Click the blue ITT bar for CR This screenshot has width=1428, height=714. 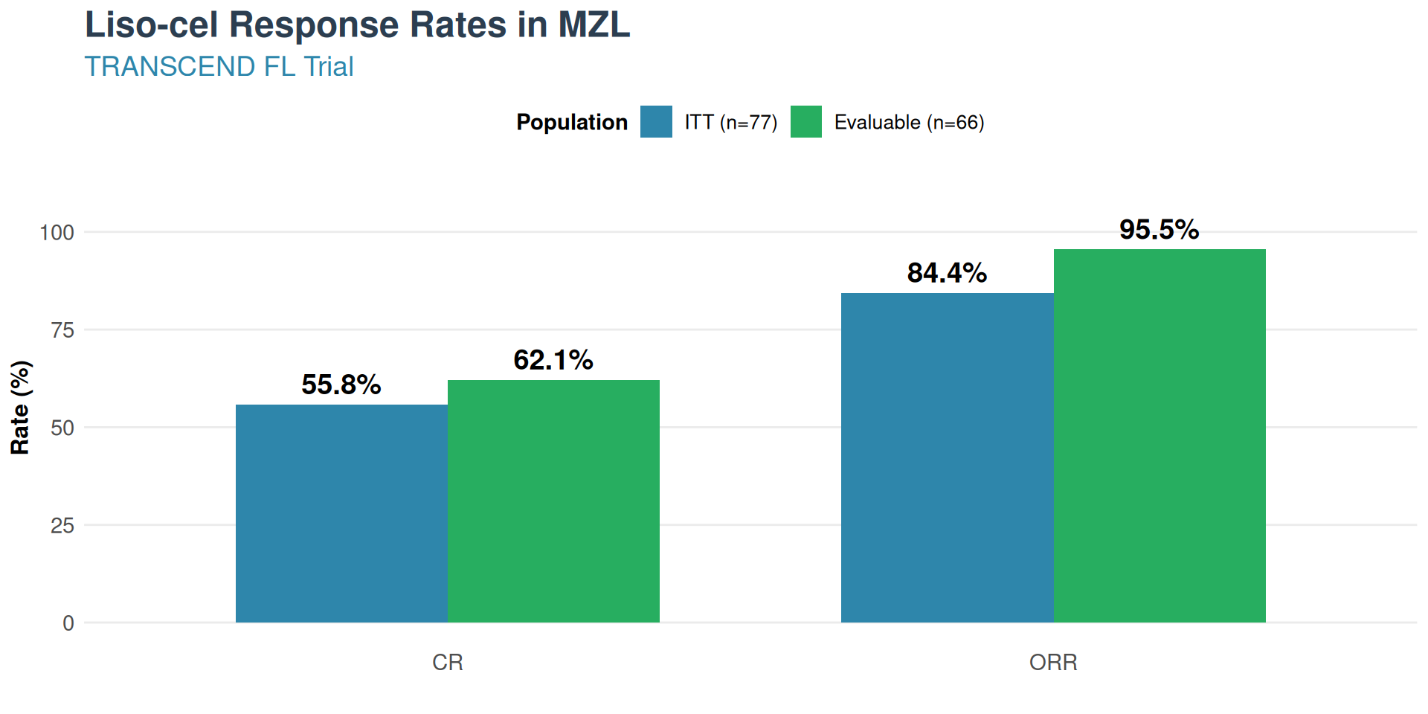pyautogui.click(x=341, y=513)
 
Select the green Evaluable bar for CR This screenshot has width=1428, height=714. pyautogui.click(x=553, y=501)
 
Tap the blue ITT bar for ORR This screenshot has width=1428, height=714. pyautogui.click(x=947, y=457)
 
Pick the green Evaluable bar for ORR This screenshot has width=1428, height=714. pyautogui.click(x=1160, y=436)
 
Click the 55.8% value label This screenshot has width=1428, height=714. pyautogui.click(x=341, y=385)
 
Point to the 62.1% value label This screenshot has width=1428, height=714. pyautogui.click(x=553, y=360)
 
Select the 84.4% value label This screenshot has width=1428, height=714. pyautogui.click(x=947, y=273)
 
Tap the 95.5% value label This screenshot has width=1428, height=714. pyautogui.click(x=1160, y=229)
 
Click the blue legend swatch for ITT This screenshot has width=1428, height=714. pyautogui.click(x=656, y=122)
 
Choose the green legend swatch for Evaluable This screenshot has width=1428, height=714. pyautogui.click(x=806, y=122)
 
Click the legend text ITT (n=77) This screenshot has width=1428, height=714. pyautogui.click(x=731, y=122)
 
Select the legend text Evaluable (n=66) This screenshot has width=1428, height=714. pyautogui.click(x=909, y=122)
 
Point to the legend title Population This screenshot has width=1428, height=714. pyautogui.click(x=572, y=122)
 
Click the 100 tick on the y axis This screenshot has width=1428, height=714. pyautogui.click(x=57, y=233)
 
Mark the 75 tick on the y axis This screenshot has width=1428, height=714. pyautogui.click(x=62, y=330)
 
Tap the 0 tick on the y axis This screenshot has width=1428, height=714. pyautogui.click(x=68, y=623)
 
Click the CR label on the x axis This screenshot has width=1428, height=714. pyautogui.click(x=448, y=662)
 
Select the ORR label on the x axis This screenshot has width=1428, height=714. pyautogui.click(x=1053, y=662)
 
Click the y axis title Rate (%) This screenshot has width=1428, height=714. pyautogui.click(x=20, y=408)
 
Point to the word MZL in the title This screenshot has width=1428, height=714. pyautogui.click(x=594, y=25)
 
